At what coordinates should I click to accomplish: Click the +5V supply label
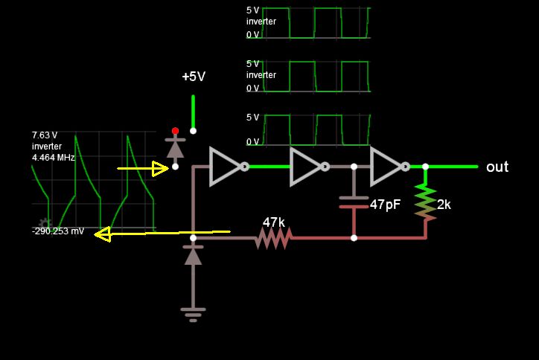[194, 77]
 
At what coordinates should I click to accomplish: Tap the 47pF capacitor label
[385, 204]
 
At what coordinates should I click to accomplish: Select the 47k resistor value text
[273, 222]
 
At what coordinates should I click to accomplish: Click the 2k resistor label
[444, 204]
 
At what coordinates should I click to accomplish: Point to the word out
[497, 167]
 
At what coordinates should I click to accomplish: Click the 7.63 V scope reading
[45, 135]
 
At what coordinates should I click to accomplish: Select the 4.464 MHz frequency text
[53, 158]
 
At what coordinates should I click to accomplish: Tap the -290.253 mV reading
[58, 232]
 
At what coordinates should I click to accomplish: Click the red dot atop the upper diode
[176, 131]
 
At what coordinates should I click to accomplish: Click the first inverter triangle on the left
[225, 167]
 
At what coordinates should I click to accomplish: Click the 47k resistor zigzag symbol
[273, 238]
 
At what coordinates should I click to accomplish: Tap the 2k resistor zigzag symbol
[425, 202]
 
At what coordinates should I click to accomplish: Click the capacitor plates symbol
[354, 202]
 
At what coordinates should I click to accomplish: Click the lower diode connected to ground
[193, 257]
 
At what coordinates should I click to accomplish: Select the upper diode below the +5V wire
[176, 148]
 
